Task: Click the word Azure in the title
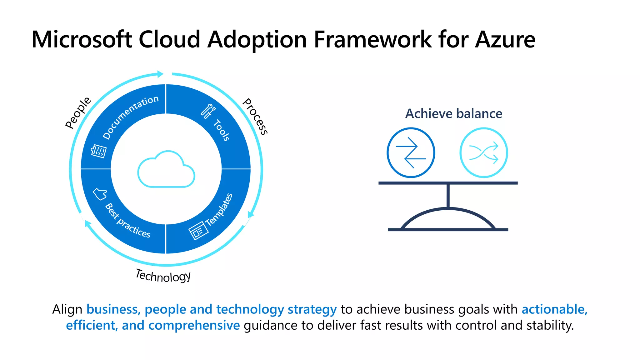tap(505, 40)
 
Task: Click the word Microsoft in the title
tap(82, 40)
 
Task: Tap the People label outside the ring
tap(78, 113)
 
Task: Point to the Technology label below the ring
tap(163, 276)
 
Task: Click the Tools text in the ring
tap(222, 130)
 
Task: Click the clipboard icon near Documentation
tap(98, 151)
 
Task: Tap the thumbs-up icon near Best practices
tap(100, 194)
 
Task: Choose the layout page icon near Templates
tap(198, 231)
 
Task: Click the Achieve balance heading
tap(453, 113)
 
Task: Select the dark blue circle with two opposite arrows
tap(411, 153)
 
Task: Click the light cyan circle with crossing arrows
tap(483, 153)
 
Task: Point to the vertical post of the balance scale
tap(448, 196)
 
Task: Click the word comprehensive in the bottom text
tap(194, 325)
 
